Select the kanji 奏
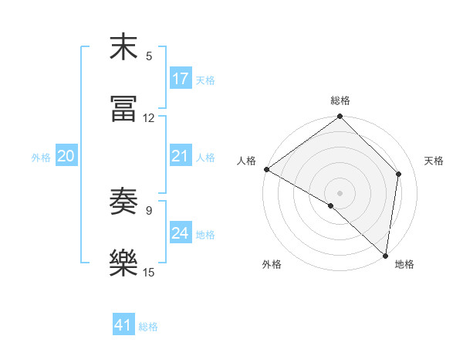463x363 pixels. click(x=123, y=202)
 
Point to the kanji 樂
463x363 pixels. click(x=123, y=263)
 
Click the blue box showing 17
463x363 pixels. click(x=181, y=79)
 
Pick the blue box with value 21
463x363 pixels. click(x=181, y=156)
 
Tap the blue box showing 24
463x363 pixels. click(x=181, y=233)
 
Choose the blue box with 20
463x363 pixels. click(x=66, y=156)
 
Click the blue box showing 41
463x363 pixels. click(x=123, y=325)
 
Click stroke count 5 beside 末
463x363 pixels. click(x=149, y=56)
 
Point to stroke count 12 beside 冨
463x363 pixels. click(x=149, y=117)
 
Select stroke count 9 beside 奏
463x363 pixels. click(x=149, y=210)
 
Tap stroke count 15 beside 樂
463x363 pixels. click(x=149, y=272)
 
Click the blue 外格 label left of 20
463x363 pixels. click(x=41, y=157)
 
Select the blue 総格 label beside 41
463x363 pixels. click(x=148, y=327)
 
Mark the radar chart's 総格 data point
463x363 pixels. click(x=340, y=117)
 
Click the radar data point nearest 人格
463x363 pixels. click(x=266, y=169)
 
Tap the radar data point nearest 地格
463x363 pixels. click(x=385, y=255)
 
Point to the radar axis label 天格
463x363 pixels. click(x=434, y=161)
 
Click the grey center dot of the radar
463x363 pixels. click(x=340, y=192)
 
